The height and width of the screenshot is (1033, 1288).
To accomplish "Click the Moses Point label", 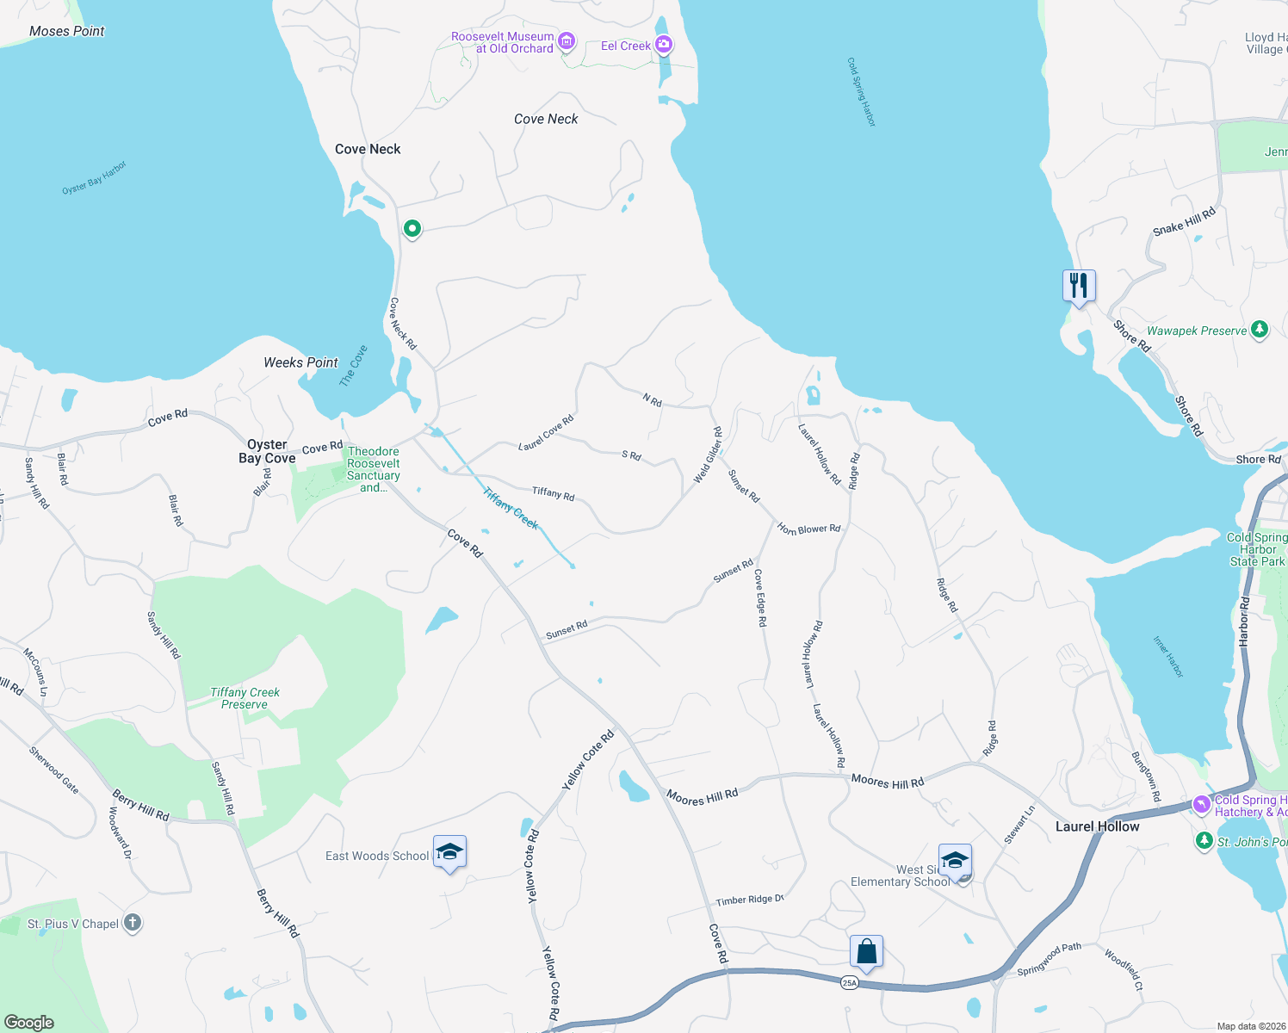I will click(66, 31).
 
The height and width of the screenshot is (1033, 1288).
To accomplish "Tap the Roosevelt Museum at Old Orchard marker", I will click(566, 41).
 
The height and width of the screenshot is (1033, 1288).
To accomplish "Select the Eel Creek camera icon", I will click(663, 45).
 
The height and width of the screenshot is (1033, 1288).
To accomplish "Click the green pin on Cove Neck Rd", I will click(412, 229).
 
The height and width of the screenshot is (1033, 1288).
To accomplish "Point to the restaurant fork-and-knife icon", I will click(1079, 285).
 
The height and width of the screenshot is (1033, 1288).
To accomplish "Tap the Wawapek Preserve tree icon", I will click(1260, 330).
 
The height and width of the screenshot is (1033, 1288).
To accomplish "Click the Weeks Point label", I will click(300, 362).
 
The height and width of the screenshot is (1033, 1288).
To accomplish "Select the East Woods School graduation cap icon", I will click(449, 852).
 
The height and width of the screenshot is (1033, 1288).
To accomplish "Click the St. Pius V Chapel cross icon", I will click(132, 923).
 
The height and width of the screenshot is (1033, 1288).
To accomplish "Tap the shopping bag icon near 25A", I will click(867, 952).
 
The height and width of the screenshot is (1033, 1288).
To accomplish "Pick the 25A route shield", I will click(850, 982).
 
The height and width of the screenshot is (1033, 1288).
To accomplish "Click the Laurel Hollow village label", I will click(1097, 826).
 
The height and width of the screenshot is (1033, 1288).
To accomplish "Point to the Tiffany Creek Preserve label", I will click(245, 698).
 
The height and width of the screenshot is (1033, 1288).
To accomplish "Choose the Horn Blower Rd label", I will click(808, 529).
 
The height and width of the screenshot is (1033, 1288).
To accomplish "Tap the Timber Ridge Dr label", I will click(749, 900).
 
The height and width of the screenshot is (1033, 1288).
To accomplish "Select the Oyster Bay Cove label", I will click(267, 451).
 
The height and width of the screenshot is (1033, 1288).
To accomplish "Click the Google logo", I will click(28, 1022).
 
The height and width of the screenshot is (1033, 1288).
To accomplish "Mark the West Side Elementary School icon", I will click(955, 860).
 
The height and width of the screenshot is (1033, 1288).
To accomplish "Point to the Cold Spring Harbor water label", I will click(861, 93).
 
